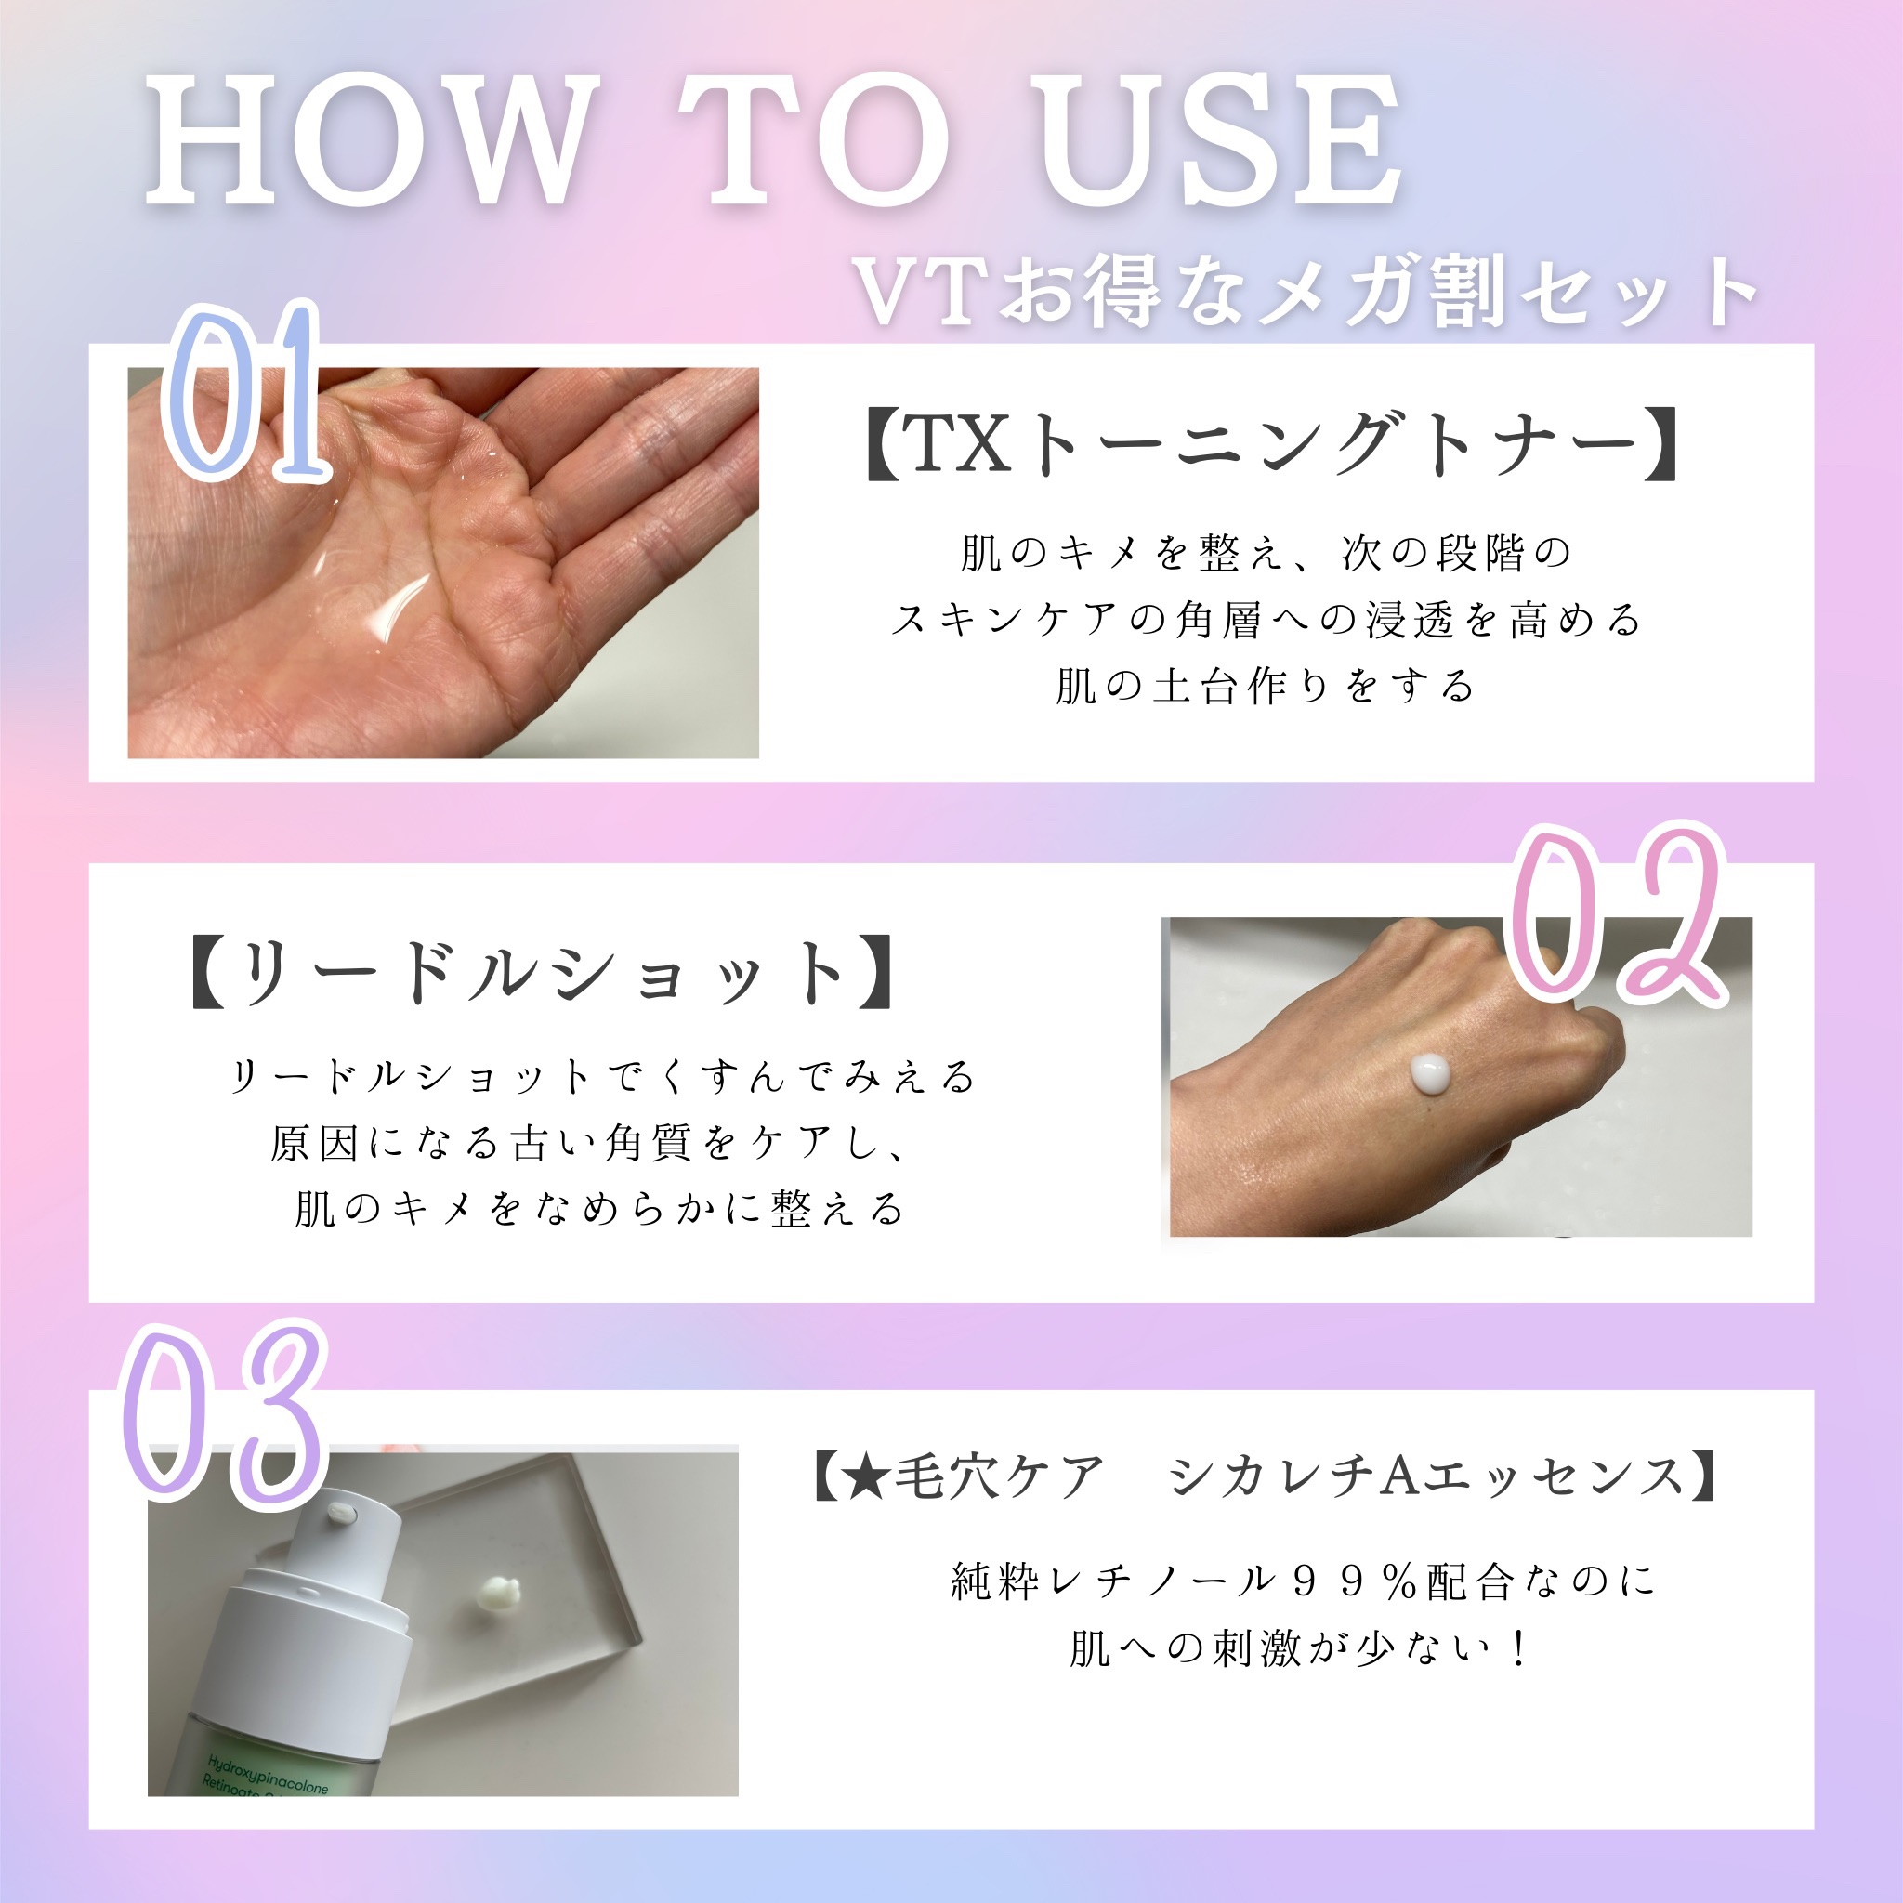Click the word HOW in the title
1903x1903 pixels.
373,141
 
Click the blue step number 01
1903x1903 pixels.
245,393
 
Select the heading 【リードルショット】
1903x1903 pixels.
542,973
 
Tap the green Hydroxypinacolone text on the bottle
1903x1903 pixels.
267,1775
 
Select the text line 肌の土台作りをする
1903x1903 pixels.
1266,687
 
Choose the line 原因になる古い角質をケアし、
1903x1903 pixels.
589,1144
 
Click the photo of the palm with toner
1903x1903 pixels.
443,562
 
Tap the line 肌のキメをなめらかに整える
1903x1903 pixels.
600,1210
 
